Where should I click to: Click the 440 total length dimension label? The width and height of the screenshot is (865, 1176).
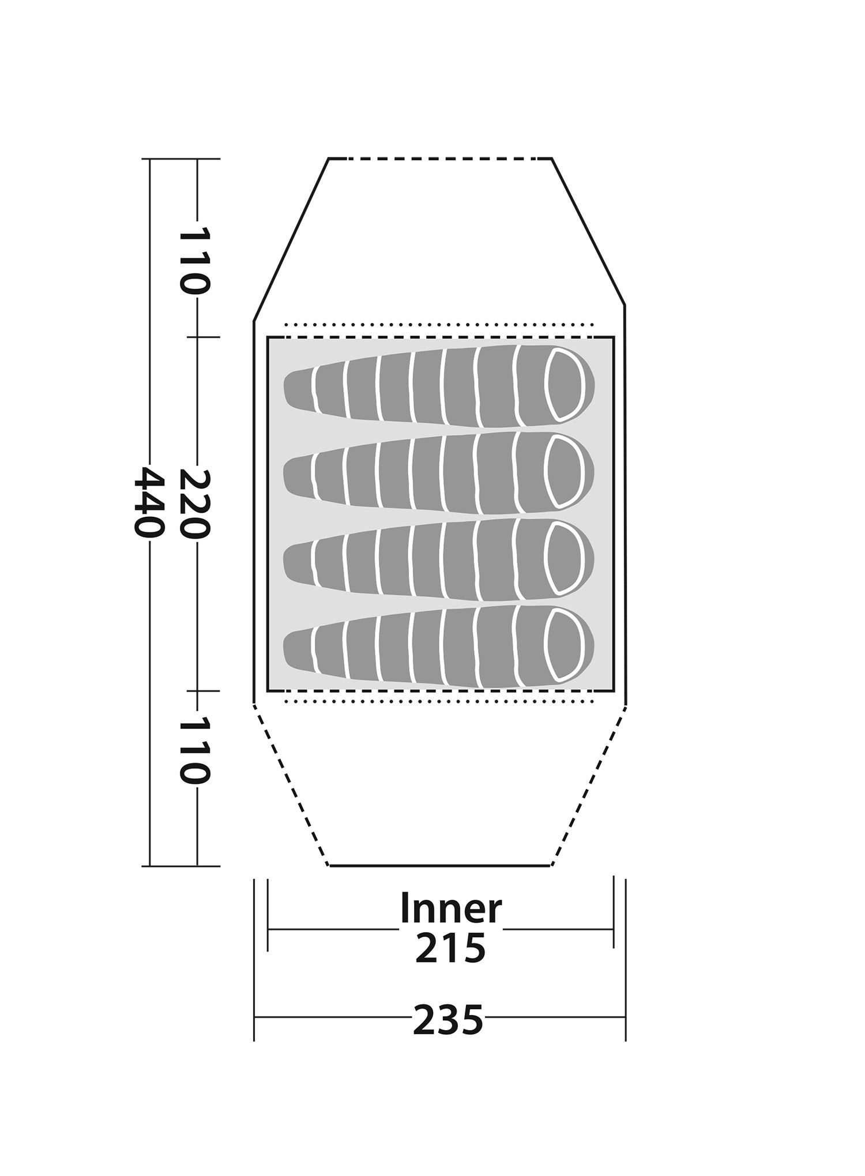click(x=149, y=502)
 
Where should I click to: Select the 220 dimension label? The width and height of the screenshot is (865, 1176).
click(x=195, y=504)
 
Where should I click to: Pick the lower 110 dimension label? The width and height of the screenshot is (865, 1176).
click(x=195, y=750)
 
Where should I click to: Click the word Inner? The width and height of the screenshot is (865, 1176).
click(x=450, y=908)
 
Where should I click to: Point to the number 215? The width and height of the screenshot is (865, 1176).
click(x=450, y=948)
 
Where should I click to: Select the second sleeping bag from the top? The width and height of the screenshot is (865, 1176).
click(x=439, y=472)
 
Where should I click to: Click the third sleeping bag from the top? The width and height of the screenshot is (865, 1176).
click(x=439, y=559)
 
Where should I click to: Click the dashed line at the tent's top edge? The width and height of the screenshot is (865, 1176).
click(x=440, y=158)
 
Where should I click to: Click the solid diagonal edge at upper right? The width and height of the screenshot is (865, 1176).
click(x=589, y=231)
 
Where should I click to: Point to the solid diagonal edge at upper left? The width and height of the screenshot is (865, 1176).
click(x=291, y=239)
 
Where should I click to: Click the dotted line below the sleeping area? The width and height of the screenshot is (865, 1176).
click(x=439, y=701)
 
